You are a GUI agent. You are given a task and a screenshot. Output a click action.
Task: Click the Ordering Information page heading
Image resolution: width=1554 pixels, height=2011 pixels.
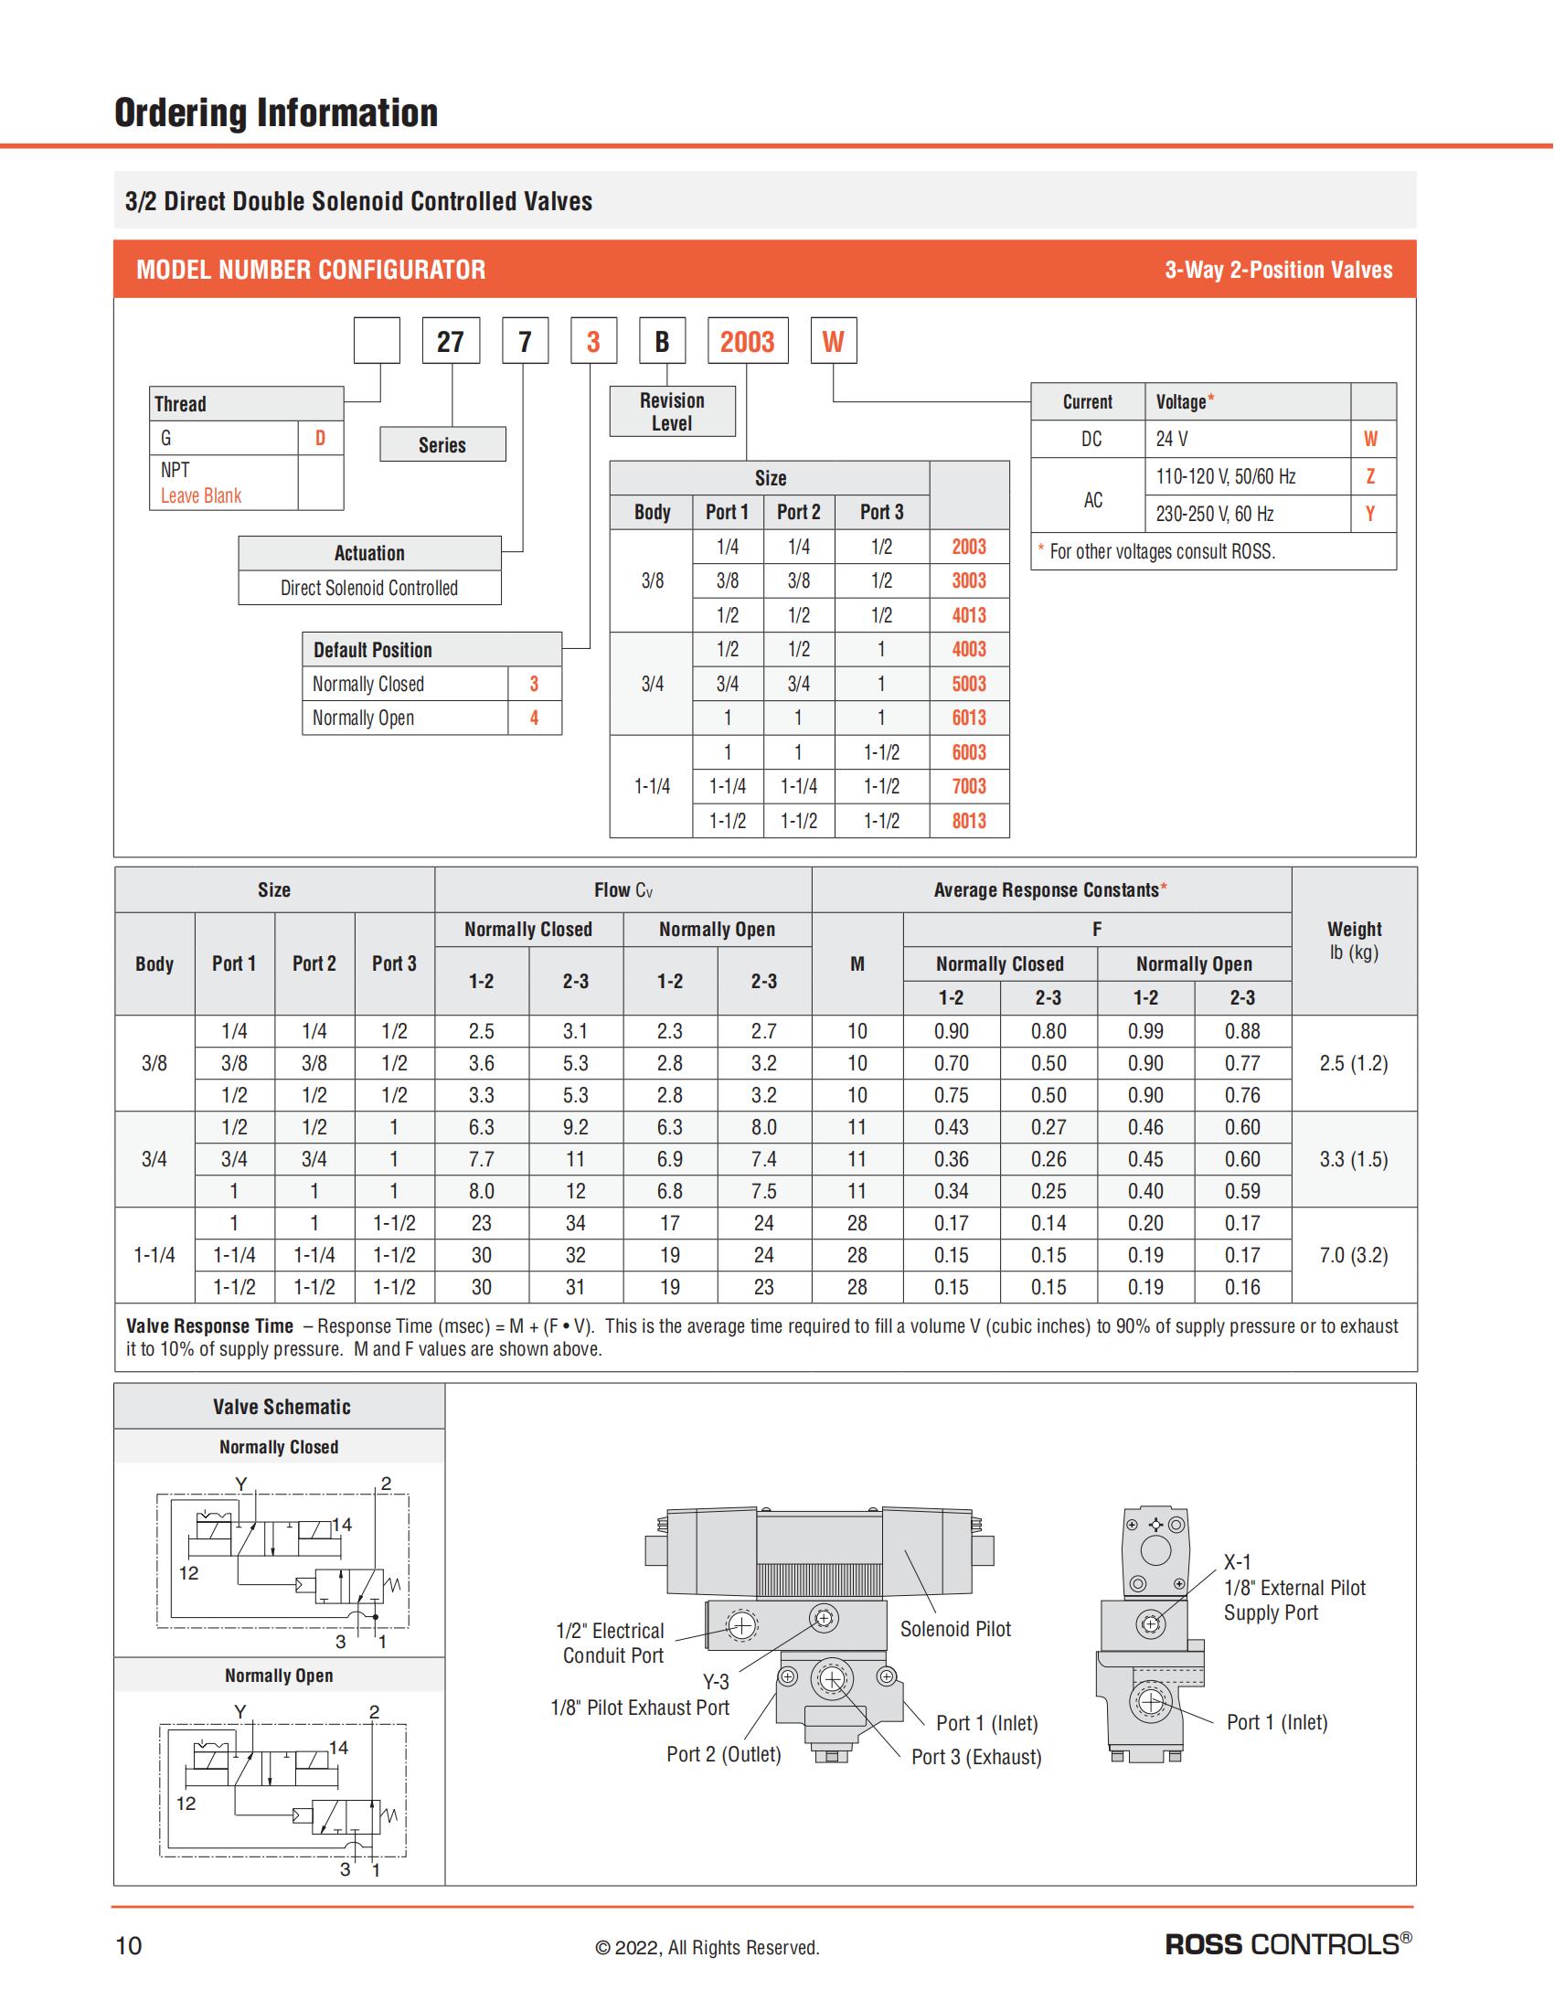tap(276, 113)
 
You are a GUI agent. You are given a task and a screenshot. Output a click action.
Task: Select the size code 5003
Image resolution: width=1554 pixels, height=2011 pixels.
tap(968, 683)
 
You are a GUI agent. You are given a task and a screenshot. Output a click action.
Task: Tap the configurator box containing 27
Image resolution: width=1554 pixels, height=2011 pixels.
tap(450, 342)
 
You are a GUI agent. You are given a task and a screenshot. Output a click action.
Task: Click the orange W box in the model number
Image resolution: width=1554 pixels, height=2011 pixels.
tap(832, 342)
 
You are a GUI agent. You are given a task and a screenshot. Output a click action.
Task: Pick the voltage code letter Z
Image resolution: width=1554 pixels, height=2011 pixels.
tap(1370, 476)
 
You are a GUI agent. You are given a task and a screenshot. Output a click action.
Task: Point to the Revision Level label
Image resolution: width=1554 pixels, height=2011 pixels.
tap(672, 411)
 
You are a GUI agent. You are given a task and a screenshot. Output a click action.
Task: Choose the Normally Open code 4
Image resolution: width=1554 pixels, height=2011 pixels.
tap(534, 718)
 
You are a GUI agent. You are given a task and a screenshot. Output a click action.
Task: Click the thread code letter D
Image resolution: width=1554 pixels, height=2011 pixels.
tap(320, 438)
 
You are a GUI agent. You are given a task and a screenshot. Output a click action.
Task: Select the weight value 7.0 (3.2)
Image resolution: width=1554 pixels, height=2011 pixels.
tap(1353, 1255)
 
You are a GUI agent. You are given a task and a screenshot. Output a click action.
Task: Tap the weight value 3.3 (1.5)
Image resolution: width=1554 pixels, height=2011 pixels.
tap(1353, 1159)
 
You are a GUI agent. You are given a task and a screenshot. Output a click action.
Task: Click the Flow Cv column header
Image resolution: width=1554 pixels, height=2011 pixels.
tap(623, 889)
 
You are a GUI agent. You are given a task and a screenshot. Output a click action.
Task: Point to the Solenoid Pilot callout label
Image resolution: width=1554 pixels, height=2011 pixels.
tap(954, 1629)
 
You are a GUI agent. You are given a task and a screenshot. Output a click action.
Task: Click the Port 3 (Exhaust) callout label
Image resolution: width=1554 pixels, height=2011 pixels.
tap(976, 1757)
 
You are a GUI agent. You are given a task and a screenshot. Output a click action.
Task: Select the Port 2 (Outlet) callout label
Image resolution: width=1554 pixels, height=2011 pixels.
tap(724, 1754)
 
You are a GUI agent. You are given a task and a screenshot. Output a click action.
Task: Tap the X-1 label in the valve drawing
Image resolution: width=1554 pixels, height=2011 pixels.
tap(1238, 1561)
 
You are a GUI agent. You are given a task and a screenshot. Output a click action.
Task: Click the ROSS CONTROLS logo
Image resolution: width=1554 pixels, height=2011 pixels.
tap(1288, 1944)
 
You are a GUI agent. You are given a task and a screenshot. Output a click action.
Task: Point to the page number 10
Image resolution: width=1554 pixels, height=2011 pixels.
tap(129, 1945)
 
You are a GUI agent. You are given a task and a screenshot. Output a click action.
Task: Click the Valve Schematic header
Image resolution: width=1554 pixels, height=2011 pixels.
tap(281, 1407)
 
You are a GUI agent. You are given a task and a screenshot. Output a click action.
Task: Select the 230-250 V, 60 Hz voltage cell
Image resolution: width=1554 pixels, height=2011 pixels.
tap(1214, 514)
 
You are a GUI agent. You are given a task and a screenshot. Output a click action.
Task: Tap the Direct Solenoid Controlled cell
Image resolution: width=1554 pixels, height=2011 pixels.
tap(369, 588)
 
